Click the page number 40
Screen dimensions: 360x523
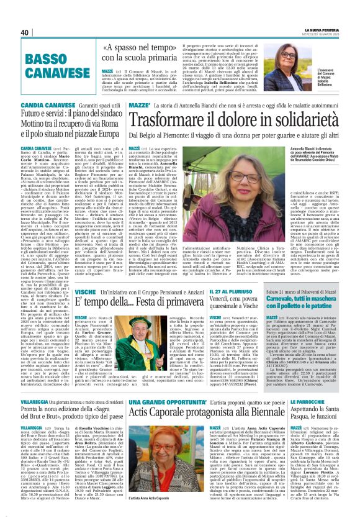tap(25, 33)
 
